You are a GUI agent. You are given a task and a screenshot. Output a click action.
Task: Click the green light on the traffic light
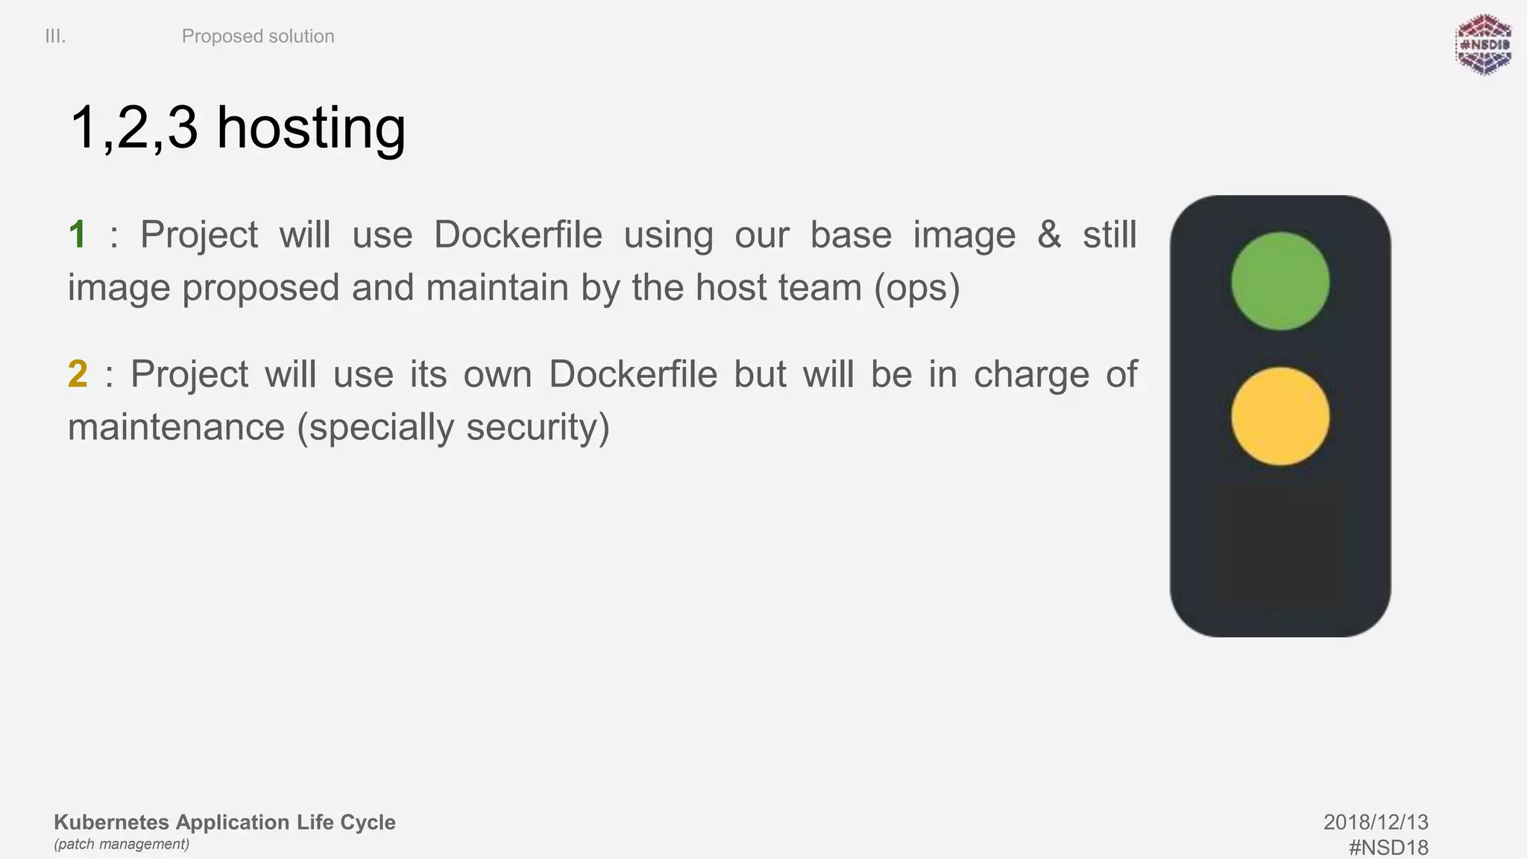(1279, 281)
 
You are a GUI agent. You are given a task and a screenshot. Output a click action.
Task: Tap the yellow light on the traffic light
(1279, 416)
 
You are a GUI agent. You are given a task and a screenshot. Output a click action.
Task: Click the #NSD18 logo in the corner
(1483, 45)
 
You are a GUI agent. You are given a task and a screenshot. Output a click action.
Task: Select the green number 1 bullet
(78, 235)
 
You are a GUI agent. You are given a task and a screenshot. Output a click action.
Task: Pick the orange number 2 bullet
(78, 374)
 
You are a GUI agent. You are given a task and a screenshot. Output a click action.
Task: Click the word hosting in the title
(311, 128)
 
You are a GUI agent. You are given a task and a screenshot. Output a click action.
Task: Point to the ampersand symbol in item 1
(1049, 235)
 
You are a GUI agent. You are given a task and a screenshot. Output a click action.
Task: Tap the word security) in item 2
(538, 428)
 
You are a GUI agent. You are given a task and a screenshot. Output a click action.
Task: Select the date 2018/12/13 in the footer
(1376, 822)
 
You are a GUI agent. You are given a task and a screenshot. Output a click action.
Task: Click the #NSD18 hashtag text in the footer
(1388, 847)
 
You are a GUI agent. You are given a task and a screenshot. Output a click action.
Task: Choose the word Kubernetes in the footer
(112, 822)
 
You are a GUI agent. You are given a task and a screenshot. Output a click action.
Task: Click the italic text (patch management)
(122, 844)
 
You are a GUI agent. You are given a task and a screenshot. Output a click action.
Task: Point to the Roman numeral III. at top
(55, 37)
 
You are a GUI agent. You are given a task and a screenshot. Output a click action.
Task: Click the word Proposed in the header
(222, 37)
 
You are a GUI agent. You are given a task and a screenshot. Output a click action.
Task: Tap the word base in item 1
(851, 235)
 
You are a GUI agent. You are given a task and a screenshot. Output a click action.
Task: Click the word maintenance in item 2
(176, 428)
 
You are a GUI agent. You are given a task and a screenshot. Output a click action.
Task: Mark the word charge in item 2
(1030, 374)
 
